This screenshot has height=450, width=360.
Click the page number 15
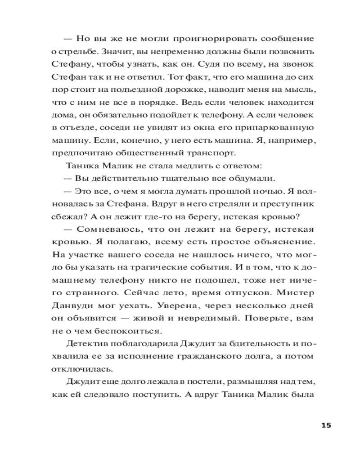tap(326, 425)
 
